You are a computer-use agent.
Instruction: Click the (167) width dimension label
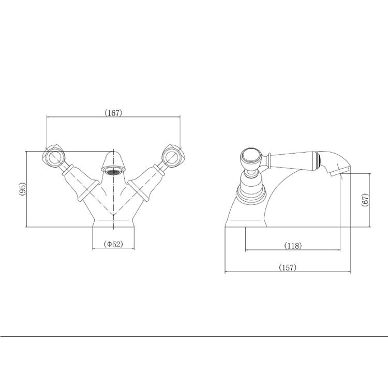[x=113, y=113]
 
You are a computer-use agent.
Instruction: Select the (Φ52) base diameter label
[x=113, y=244]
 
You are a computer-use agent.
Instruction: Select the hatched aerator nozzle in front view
[x=113, y=170]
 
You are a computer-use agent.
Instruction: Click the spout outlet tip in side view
[x=341, y=170]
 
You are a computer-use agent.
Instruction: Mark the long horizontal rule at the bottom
[x=194, y=336]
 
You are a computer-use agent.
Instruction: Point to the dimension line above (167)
[x=113, y=118]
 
